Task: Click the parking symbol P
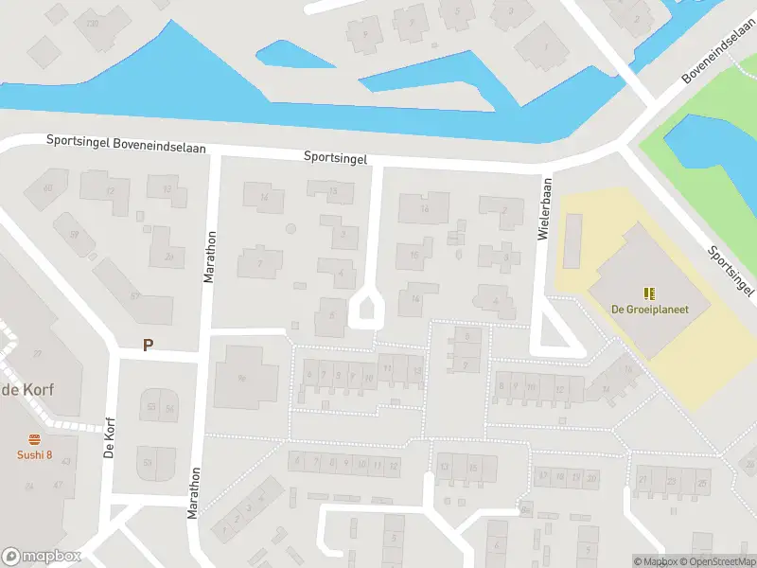coord(147,346)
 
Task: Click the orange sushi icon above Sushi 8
coord(35,439)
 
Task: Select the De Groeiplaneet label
coord(649,309)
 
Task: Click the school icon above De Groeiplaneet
coord(649,293)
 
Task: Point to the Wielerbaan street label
coord(543,209)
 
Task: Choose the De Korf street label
coord(109,437)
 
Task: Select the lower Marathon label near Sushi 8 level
coord(194,491)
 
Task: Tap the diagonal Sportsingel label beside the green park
coord(731,273)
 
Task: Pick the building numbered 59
coord(73,234)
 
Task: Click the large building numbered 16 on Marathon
coord(240,378)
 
